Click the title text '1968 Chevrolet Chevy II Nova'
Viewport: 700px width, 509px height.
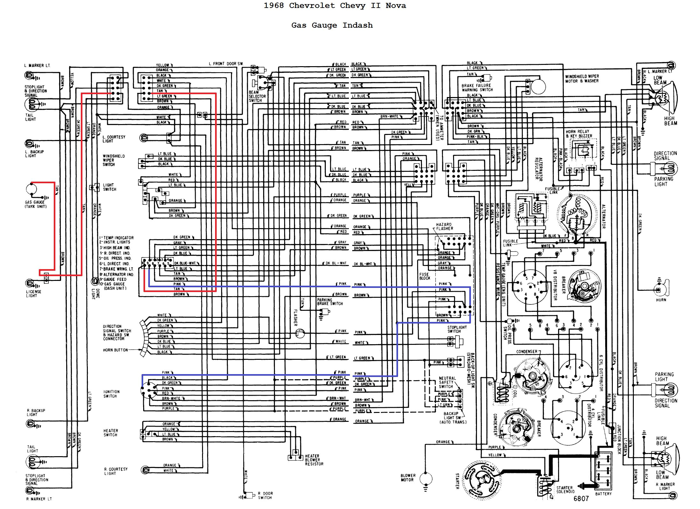click(x=335, y=6)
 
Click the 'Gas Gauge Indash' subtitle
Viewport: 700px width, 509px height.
click(x=332, y=25)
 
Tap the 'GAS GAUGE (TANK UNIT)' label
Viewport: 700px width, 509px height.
click(x=35, y=204)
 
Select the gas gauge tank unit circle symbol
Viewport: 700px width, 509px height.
click(x=31, y=189)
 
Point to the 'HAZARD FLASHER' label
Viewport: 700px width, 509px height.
click(x=444, y=227)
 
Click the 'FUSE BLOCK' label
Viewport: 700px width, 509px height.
click(x=424, y=276)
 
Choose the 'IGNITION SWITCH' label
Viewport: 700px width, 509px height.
click(x=111, y=394)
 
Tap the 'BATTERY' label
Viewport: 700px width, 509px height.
click(x=603, y=494)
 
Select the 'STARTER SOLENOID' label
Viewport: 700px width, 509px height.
click(x=564, y=490)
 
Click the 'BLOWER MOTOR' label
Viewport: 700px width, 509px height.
click(x=408, y=478)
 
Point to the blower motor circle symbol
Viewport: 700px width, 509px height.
click(x=426, y=478)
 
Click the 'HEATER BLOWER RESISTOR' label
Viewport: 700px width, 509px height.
click(x=314, y=460)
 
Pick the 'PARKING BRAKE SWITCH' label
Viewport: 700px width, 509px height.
click(x=330, y=302)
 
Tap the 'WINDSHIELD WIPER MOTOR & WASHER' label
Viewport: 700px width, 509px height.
click(x=582, y=79)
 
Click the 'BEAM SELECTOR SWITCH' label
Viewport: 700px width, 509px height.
click(x=257, y=96)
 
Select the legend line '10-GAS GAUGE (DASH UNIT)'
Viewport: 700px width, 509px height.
click(x=114, y=286)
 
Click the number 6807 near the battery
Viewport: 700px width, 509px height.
click(x=581, y=499)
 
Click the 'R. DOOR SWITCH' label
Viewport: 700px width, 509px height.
click(x=265, y=495)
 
